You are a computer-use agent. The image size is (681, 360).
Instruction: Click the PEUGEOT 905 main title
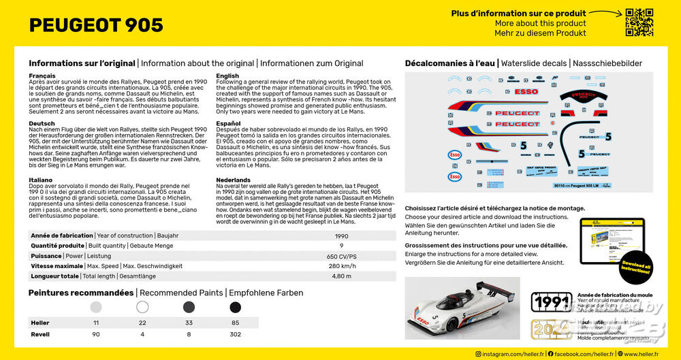point(96,25)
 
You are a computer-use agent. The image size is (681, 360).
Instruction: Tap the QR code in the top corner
point(639,22)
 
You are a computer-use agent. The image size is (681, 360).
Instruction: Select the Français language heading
point(42,76)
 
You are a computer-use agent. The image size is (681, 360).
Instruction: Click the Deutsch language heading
point(42,124)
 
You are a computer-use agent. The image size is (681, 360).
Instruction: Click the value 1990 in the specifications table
point(341,235)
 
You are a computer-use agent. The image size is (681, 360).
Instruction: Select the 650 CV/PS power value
point(341,256)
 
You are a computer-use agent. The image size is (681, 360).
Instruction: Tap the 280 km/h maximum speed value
point(341,266)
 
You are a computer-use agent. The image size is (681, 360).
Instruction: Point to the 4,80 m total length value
point(341,276)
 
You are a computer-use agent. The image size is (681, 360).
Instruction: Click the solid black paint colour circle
point(236,307)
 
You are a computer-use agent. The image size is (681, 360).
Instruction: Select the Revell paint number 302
point(236,334)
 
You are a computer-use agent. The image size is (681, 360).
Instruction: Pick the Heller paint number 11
point(96,322)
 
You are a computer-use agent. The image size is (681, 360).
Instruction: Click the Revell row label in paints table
point(40,334)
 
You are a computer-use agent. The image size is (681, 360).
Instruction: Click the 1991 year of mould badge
point(550,302)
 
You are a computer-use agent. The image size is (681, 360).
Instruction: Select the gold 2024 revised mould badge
point(550,330)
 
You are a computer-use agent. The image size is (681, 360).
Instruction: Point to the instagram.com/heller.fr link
point(510,354)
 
